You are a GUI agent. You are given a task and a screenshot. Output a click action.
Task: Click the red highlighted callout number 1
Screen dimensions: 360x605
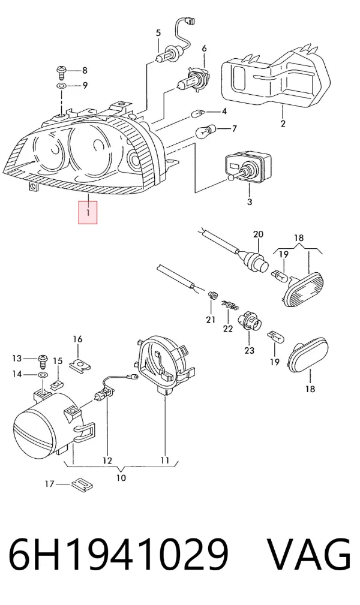coord(88,212)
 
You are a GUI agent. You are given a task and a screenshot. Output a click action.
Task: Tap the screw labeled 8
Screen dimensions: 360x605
coord(61,71)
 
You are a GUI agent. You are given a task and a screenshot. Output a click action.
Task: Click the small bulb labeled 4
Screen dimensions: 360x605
coord(198,113)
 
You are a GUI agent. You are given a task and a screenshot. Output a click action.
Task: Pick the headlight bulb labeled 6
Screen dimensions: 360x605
coord(190,79)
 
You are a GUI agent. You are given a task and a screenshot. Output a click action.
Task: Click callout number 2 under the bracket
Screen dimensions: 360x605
coord(283,124)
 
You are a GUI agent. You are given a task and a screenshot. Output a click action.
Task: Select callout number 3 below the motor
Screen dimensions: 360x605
coord(250,201)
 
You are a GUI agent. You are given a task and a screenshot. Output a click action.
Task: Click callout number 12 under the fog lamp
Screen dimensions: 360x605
coord(107,460)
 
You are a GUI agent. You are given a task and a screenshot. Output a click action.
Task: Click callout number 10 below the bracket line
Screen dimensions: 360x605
coord(121,478)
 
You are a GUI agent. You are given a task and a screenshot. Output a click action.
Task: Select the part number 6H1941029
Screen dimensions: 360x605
coord(119,555)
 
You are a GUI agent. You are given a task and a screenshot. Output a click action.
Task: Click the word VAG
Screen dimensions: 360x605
coord(309,555)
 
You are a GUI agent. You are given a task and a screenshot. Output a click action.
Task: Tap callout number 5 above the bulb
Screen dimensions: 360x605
coord(158,33)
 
